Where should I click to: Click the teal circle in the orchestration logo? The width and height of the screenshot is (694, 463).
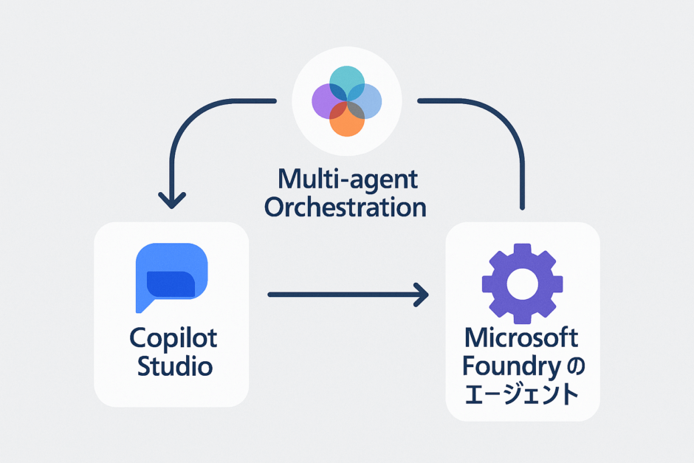(x=347, y=80)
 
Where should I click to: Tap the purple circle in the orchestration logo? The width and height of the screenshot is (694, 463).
(x=327, y=100)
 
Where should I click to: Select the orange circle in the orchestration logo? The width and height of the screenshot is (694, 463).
(x=347, y=121)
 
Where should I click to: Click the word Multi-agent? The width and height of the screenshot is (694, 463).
(x=346, y=179)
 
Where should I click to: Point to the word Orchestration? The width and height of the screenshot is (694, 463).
(x=346, y=207)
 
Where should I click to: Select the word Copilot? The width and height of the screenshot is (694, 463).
(x=173, y=338)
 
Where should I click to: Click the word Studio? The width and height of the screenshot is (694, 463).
(x=173, y=366)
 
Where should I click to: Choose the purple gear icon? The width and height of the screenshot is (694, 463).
(x=522, y=284)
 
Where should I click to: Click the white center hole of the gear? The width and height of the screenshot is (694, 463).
(x=522, y=284)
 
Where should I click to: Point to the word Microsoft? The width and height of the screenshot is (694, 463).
(x=522, y=338)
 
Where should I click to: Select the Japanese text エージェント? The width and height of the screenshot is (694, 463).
(x=522, y=395)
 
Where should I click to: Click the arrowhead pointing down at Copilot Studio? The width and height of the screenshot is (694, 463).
(x=171, y=199)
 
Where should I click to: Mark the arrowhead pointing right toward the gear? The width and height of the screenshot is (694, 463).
(x=422, y=295)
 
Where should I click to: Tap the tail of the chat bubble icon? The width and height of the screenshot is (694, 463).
(x=142, y=304)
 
